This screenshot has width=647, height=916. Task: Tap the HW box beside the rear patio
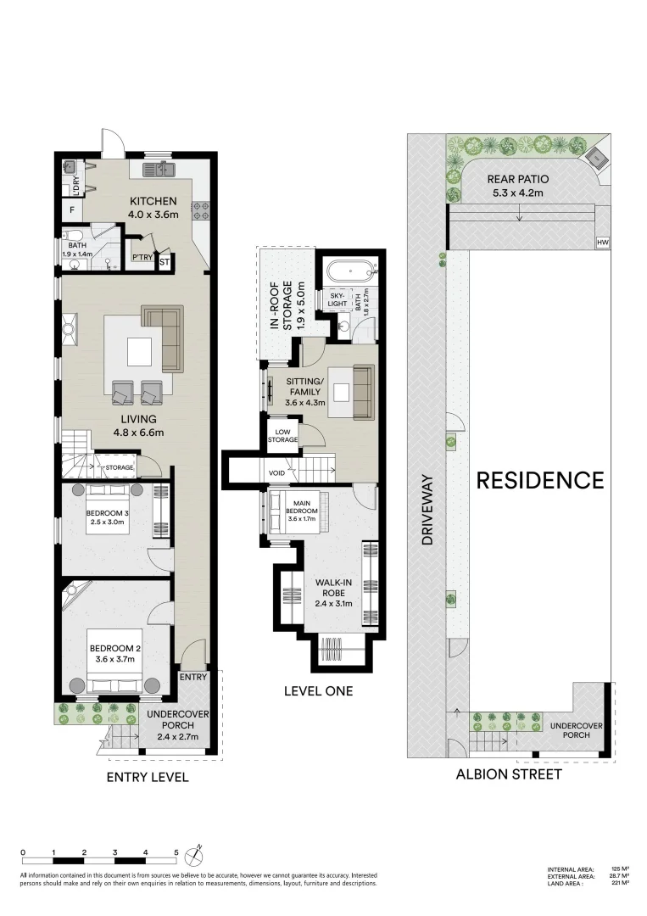[x=603, y=243]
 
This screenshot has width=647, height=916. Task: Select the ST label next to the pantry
[x=164, y=263]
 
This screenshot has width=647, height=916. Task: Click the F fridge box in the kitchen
[x=72, y=209]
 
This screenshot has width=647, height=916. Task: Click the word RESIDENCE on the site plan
[x=540, y=481]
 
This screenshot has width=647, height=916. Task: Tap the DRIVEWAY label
[x=427, y=510]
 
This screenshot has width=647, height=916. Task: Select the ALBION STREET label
[x=508, y=774]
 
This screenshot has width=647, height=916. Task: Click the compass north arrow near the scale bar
[x=197, y=852]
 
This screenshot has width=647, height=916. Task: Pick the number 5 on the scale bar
[x=176, y=851]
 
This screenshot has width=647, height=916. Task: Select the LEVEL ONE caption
[x=318, y=691]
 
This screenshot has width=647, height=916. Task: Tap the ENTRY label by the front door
[x=192, y=677]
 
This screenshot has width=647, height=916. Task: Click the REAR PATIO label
[x=518, y=185]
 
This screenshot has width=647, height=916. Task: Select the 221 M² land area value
[x=619, y=883]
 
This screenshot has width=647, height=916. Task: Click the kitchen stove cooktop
[x=202, y=209]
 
